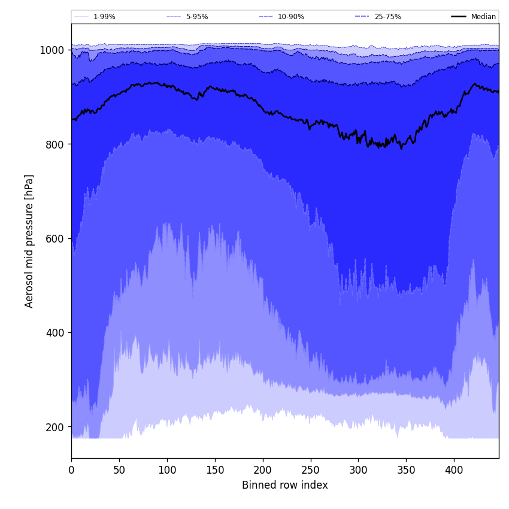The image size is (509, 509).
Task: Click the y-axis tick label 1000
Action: click(x=51, y=50)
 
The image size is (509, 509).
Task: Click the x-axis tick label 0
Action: click(x=71, y=470)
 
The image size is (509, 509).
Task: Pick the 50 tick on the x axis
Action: click(x=119, y=470)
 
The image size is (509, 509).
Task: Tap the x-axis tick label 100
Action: click(x=167, y=470)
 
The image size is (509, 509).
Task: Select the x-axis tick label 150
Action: click(x=215, y=470)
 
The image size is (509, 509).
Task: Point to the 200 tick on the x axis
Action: click(x=263, y=470)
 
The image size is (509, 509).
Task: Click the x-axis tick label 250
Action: click(x=311, y=470)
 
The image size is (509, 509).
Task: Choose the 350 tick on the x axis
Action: click(x=406, y=470)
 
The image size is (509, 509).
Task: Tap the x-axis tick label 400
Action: click(x=454, y=470)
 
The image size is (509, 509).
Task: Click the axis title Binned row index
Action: click(x=285, y=486)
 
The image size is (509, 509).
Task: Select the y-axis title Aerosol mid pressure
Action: click(x=29, y=241)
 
